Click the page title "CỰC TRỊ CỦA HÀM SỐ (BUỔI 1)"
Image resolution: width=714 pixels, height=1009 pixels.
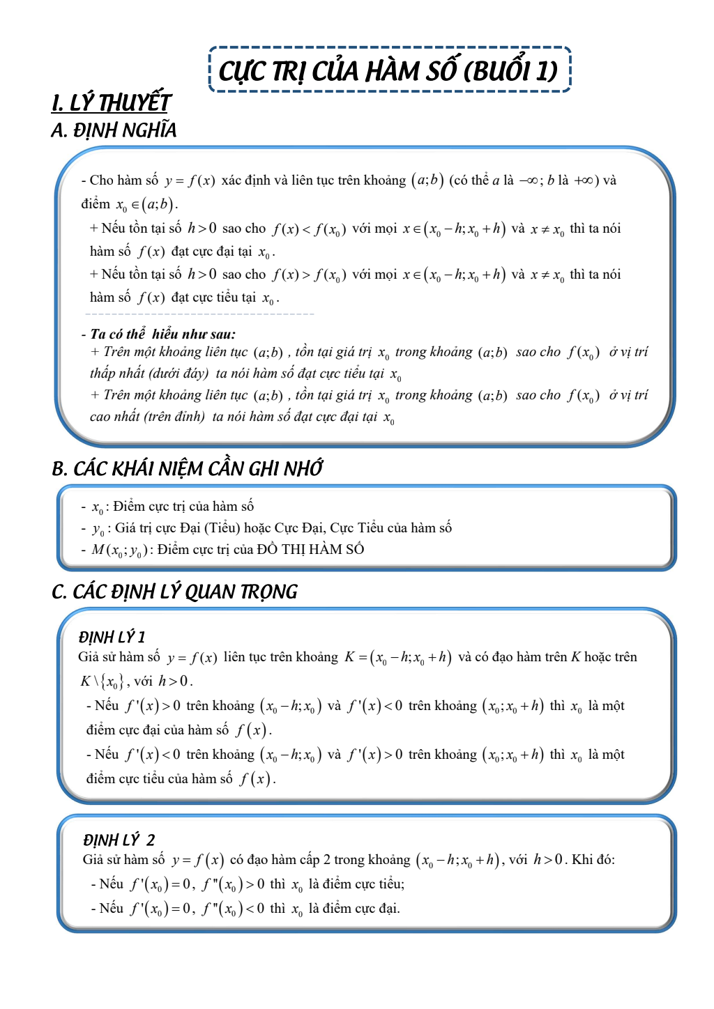coord(389,70)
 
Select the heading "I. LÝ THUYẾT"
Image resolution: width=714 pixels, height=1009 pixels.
coord(111,102)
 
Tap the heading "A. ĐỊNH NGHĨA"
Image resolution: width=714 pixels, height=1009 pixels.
coord(114,130)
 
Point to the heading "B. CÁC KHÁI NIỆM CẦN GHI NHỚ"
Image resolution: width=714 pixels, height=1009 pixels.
coord(187,469)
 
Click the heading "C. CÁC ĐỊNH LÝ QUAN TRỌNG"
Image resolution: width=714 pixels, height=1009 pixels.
coord(174,592)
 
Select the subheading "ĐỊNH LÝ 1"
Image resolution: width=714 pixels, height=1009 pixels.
coord(112,637)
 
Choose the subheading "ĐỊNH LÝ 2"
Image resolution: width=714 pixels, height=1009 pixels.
coord(119,840)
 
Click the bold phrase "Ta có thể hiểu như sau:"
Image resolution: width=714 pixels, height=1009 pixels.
coord(162,334)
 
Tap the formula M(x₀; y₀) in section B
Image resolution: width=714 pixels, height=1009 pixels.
coord(119,550)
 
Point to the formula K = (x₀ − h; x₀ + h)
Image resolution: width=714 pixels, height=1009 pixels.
coord(398,657)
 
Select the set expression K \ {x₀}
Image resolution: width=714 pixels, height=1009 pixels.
coord(102,681)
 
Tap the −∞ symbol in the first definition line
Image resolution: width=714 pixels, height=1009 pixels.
coord(527,180)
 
